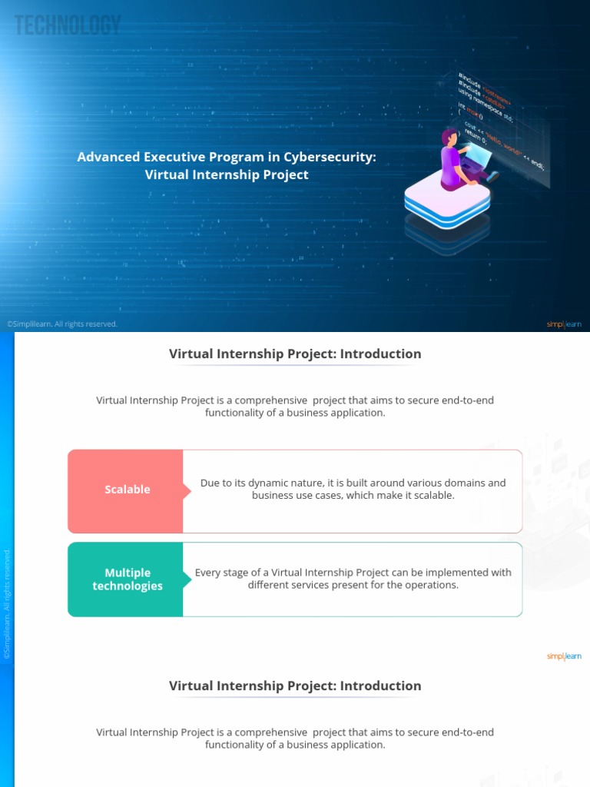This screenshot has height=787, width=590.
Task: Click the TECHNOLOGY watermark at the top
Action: [x=68, y=25]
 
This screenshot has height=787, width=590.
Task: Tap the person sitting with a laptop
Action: [x=460, y=158]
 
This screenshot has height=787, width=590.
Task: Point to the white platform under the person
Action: [x=447, y=201]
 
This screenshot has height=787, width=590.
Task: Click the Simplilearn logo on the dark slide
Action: [x=564, y=324]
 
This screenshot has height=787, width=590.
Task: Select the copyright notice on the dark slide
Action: [x=62, y=324]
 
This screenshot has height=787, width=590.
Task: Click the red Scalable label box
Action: [x=127, y=490]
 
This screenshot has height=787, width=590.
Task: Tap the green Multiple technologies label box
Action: [x=127, y=579]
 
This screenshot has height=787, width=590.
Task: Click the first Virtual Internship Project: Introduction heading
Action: [x=295, y=354]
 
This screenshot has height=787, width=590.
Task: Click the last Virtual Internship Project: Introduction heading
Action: [x=295, y=686]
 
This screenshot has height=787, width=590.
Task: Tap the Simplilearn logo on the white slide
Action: [x=564, y=656]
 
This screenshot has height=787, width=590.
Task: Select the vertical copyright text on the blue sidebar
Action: [x=8, y=604]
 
